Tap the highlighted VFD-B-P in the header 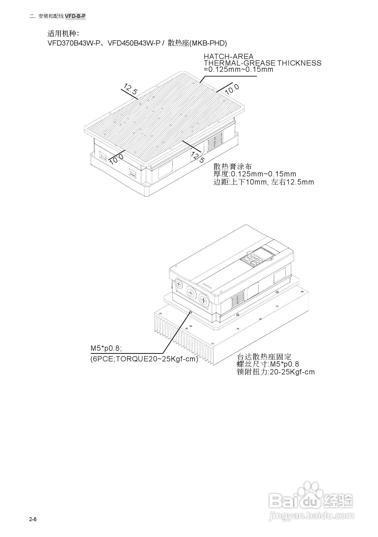pos(75,16)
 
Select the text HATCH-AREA pos(228,56)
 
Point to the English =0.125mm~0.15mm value pos(238,69)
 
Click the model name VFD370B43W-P pos(74,43)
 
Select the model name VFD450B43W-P pos(134,43)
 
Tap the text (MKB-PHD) pos(208,43)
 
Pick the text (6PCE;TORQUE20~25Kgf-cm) pos(144,359)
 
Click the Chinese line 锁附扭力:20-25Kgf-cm pos(276,372)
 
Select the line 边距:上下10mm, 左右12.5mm pos(264,182)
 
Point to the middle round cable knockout pos(191,293)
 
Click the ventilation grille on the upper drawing pos(215,142)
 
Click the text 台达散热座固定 pos(264,356)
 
